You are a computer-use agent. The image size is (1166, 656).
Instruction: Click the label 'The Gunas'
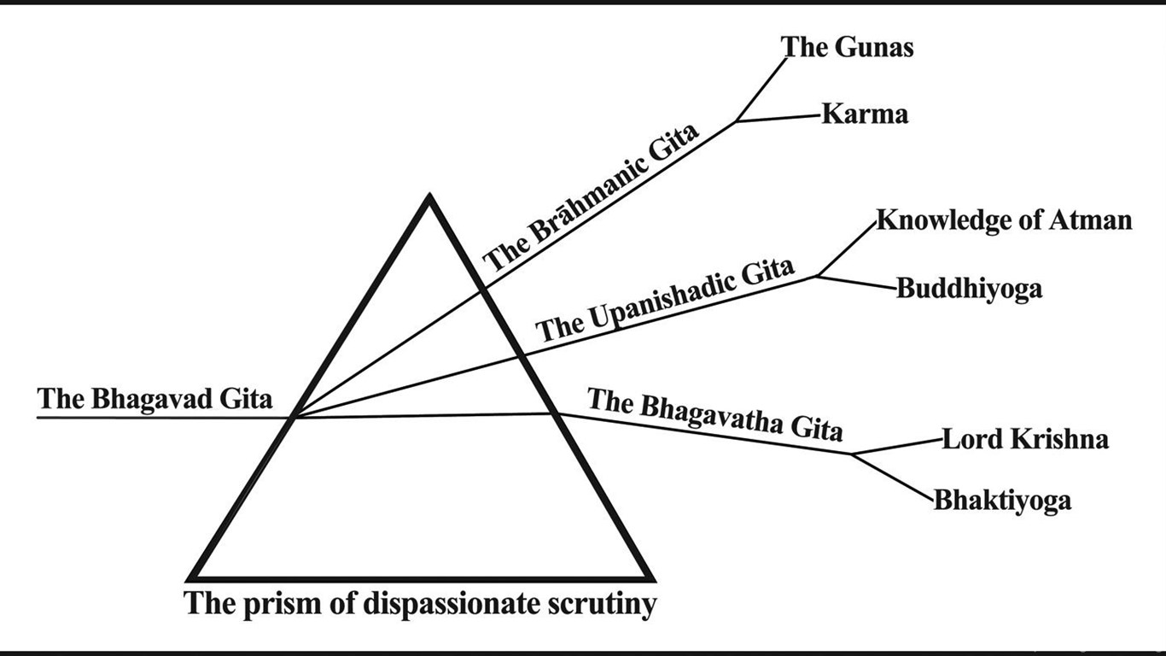click(848, 47)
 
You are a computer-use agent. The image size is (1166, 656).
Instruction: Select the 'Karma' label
click(865, 114)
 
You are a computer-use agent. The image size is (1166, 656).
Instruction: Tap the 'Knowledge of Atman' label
click(1004, 220)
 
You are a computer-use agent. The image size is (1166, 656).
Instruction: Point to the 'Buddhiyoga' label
click(969, 289)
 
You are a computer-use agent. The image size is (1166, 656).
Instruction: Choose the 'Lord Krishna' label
click(1025, 440)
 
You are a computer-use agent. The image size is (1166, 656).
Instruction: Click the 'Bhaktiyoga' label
click(1002, 500)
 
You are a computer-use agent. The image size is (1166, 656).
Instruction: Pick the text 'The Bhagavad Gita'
click(154, 399)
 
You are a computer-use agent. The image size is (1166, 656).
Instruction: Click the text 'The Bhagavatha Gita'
click(715, 415)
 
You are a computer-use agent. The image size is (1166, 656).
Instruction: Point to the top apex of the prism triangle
click(429, 198)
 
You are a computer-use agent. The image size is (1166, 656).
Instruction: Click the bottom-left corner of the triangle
click(193, 577)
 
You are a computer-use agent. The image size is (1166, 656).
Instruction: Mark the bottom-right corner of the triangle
click(650, 577)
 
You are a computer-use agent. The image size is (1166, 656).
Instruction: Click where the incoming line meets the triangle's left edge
click(294, 417)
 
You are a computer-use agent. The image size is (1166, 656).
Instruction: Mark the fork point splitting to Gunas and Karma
click(737, 121)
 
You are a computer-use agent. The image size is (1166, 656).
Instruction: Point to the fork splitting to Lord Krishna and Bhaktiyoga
click(853, 454)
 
